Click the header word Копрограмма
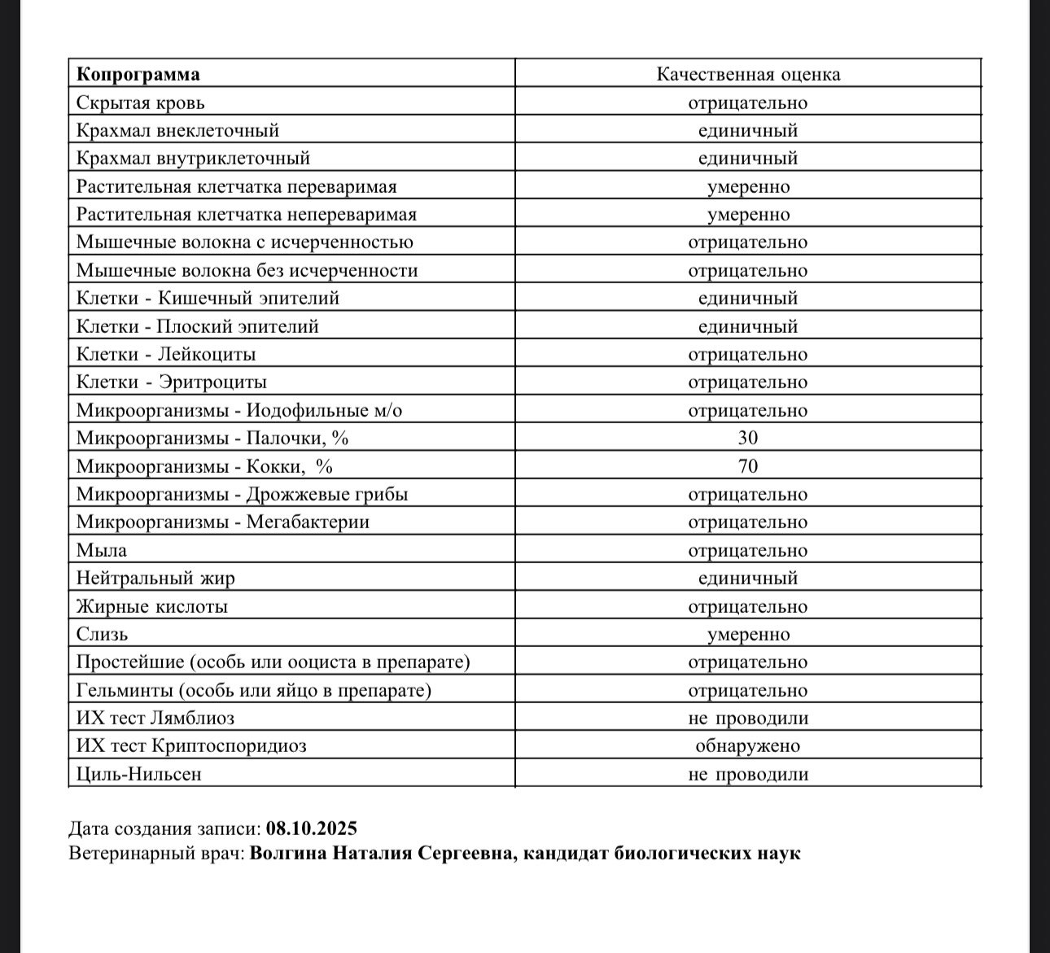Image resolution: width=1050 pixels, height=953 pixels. pos(138,75)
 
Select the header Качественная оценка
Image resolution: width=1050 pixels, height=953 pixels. pos(748,75)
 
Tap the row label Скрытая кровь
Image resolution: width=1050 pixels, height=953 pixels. pos(140,103)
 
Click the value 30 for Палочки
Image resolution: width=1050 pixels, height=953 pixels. pos(747,438)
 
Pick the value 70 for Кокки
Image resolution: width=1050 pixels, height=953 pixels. pos(747,466)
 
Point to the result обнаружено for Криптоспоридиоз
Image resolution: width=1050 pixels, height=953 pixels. pos(747,745)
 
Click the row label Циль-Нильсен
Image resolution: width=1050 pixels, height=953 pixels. pos(138,774)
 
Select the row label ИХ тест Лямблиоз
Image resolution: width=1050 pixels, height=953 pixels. pos(155,718)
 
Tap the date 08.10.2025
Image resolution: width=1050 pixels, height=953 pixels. pos(312,828)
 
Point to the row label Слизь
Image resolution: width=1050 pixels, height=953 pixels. pos(102,634)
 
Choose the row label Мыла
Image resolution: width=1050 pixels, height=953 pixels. pos(101,550)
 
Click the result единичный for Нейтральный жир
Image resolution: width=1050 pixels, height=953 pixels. pos(747,578)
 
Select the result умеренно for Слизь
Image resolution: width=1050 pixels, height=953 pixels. pos(747,634)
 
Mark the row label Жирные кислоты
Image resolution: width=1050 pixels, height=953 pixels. pos(151,606)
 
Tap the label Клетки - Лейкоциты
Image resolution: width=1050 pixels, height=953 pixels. pos(166,354)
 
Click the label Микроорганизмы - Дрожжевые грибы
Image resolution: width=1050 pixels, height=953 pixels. pos(242,494)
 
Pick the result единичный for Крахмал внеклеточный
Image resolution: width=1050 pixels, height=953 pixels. pos(747,130)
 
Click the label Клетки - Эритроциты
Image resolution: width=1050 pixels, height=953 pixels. pos(171,382)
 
